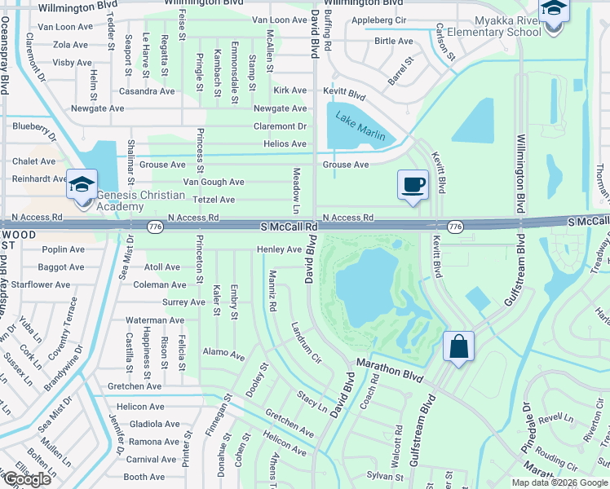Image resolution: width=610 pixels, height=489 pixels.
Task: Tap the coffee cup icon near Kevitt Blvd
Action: click(413, 185)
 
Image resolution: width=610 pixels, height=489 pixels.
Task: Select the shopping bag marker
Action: click(458, 346)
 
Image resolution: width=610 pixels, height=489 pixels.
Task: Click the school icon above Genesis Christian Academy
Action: click(82, 183)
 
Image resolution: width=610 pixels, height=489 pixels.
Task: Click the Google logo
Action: click(26, 479)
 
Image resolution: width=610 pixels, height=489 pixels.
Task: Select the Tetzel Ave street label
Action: click(214, 200)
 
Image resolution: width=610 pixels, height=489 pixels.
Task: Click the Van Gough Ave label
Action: click(214, 182)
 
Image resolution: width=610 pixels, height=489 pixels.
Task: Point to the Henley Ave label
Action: click(280, 249)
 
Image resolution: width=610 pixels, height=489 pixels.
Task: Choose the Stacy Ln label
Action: click(312, 400)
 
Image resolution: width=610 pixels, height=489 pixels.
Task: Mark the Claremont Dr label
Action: click(280, 126)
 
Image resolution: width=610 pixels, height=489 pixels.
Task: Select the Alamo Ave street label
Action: click(223, 355)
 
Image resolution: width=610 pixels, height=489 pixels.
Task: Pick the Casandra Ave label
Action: click(147, 91)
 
